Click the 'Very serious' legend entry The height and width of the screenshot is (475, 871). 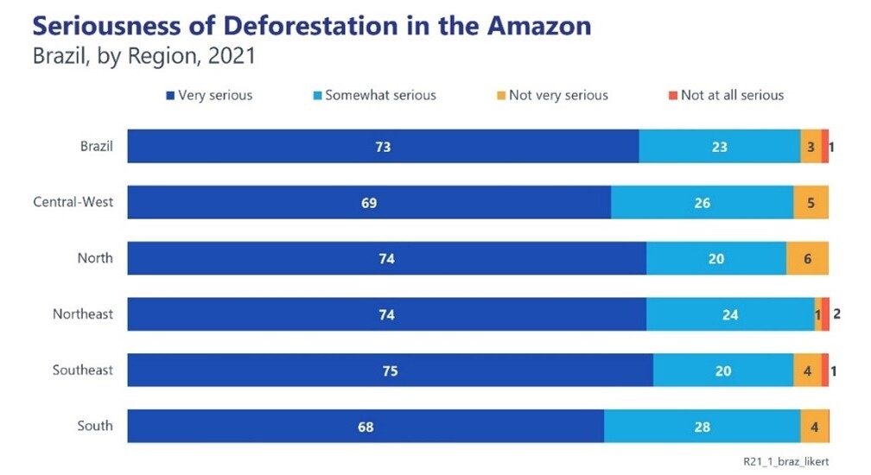[214, 95]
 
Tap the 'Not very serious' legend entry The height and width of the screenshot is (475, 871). [558, 95]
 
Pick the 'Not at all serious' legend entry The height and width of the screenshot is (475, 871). [732, 95]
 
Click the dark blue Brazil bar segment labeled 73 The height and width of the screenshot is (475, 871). [383, 147]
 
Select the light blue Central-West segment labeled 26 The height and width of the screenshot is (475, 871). [702, 203]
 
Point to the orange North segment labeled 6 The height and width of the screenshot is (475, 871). [807, 258]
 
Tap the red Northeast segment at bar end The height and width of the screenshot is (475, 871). [825, 314]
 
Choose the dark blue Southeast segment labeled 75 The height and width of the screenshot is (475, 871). [390, 370]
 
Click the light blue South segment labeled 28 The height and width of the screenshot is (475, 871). [702, 426]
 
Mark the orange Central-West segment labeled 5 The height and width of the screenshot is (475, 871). [811, 203]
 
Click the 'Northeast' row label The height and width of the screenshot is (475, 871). [82, 314]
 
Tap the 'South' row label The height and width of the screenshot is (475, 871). [94, 426]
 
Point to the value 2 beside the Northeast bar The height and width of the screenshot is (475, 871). [836, 314]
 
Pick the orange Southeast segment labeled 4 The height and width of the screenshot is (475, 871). [807, 370]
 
